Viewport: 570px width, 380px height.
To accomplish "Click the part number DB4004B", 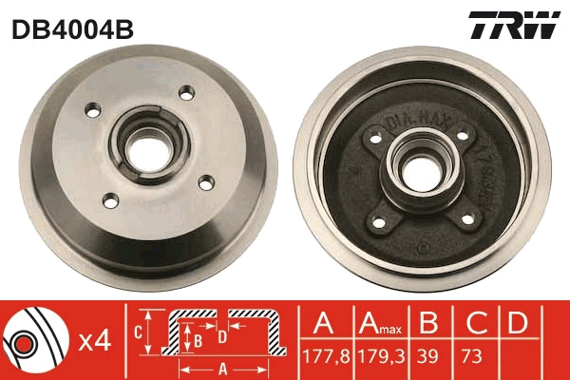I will (x=71, y=28).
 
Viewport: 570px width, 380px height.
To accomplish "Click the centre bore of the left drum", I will (x=148, y=147).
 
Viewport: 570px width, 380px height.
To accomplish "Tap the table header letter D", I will (x=517, y=323).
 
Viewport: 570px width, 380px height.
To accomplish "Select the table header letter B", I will (x=429, y=323).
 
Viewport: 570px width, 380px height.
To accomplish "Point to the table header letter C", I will (x=472, y=323).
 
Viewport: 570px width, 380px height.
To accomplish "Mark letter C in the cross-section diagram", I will (x=139, y=332).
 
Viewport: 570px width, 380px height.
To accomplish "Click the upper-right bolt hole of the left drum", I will (x=187, y=92).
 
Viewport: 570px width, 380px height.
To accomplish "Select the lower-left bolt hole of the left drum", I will (x=109, y=199).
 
